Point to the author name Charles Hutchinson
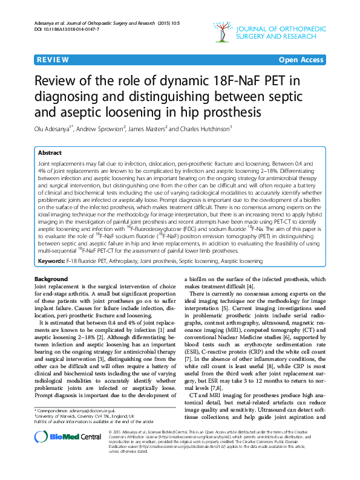click(x=205, y=128)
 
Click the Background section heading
click(x=51, y=279)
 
